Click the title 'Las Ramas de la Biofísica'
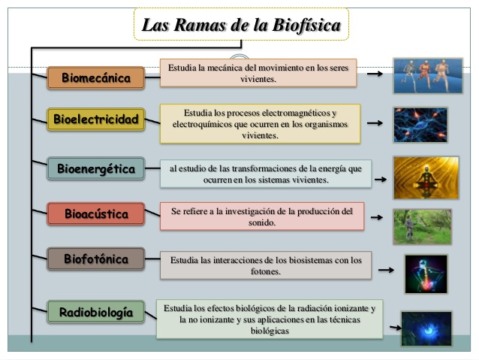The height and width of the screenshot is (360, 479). pyautogui.click(x=241, y=26)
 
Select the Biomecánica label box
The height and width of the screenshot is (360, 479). pyautogui.click(x=95, y=77)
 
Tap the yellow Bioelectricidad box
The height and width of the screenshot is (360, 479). pyautogui.click(x=95, y=119)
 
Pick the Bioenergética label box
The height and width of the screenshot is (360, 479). pyautogui.click(x=95, y=169)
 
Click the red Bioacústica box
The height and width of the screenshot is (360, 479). pyautogui.click(x=95, y=214)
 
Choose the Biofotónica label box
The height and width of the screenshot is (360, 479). pyautogui.click(x=95, y=259)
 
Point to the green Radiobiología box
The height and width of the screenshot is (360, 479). pyautogui.click(x=95, y=311)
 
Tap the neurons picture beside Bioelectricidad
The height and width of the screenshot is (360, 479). pyautogui.click(x=420, y=125)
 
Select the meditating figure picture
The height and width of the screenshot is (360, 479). pyautogui.click(x=426, y=177)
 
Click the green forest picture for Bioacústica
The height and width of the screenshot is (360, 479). pyautogui.click(x=422, y=226)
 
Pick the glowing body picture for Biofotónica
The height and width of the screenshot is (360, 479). pyautogui.click(x=426, y=274)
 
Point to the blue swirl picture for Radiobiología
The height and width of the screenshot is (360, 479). pyautogui.click(x=426, y=328)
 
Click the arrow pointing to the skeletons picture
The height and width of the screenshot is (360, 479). pyautogui.click(x=375, y=74)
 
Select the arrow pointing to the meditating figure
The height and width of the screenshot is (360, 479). pyautogui.click(x=381, y=180)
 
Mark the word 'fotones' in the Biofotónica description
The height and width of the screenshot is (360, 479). pyautogui.click(x=266, y=271)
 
